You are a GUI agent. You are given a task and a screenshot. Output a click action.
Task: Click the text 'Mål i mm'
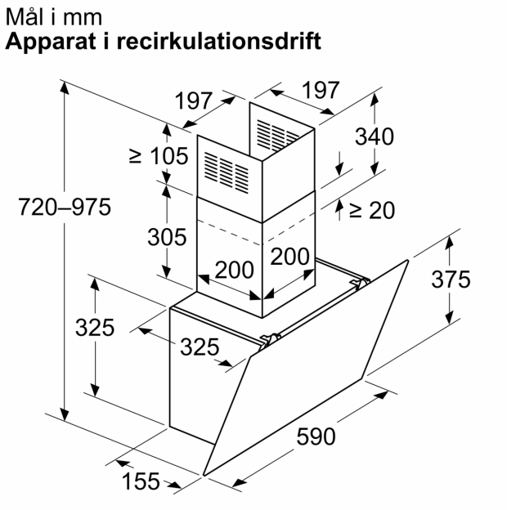tap(54, 16)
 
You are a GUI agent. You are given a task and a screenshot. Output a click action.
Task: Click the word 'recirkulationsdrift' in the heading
tap(218, 41)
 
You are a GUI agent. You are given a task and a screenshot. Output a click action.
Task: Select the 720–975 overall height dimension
tap(65, 207)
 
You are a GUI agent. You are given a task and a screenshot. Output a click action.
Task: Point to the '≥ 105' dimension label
tap(159, 156)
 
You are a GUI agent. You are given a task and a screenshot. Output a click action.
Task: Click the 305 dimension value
tap(167, 237)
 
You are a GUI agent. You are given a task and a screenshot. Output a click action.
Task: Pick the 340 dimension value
tap(375, 136)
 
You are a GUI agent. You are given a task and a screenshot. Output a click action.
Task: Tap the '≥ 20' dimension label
tap(372, 210)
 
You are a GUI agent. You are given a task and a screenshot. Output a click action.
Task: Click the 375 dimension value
tap(451, 279)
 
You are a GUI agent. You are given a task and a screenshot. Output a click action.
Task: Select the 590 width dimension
tap(316, 436)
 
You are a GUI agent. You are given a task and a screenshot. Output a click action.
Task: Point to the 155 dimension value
tap(141, 481)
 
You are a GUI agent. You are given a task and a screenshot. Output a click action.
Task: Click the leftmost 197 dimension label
tap(194, 101)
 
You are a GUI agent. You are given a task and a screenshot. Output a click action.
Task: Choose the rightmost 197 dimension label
tap(321, 90)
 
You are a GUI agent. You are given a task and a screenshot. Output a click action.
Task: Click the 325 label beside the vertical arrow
tap(95, 327)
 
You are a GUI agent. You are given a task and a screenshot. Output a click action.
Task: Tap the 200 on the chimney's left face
tap(235, 270)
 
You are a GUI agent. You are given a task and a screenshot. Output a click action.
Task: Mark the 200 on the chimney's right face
tap(289, 257)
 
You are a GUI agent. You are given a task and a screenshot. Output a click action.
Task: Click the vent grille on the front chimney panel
tap(227, 172)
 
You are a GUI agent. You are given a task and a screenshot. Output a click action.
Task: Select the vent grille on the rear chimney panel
tap(277, 136)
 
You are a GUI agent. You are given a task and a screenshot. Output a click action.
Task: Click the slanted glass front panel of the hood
tap(306, 368)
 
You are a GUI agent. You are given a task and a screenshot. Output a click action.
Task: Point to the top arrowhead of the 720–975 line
tap(65, 87)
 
